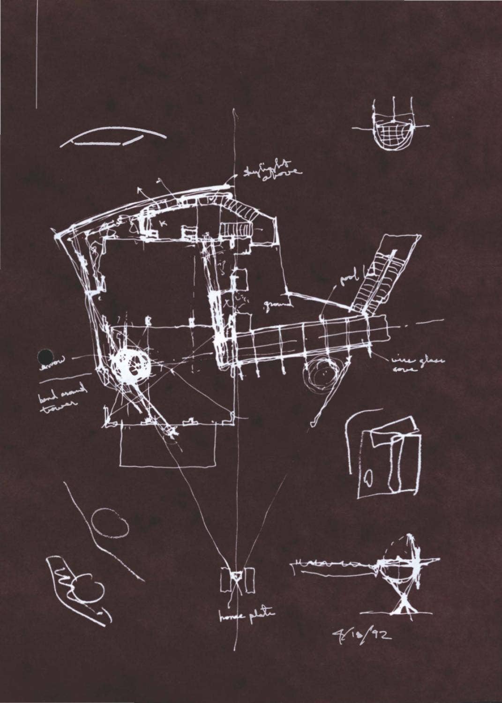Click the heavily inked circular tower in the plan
131,364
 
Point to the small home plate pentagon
237,576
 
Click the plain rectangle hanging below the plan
167,445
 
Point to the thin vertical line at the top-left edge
37,56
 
